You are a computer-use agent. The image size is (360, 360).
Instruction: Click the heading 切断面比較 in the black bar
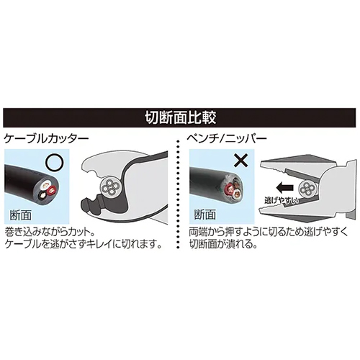tap(180, 117)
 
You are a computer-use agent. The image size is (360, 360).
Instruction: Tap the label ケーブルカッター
tap(46, 139)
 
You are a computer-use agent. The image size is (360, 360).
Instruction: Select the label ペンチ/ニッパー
tap(227, 139)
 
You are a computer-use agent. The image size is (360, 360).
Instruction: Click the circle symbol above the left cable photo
tap(55, 163)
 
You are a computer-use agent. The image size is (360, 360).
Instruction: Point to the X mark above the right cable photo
tap(240, 161)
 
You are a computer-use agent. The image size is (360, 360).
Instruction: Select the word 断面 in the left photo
tap(20, 215)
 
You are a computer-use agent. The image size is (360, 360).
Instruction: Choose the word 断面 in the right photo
tap(204, 214)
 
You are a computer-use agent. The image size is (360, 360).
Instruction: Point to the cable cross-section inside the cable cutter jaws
tap(111, 186)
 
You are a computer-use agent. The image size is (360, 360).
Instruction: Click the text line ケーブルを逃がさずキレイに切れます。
tap(83, 244)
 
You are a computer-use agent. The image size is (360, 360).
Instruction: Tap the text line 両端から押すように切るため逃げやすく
tap(268, 233)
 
